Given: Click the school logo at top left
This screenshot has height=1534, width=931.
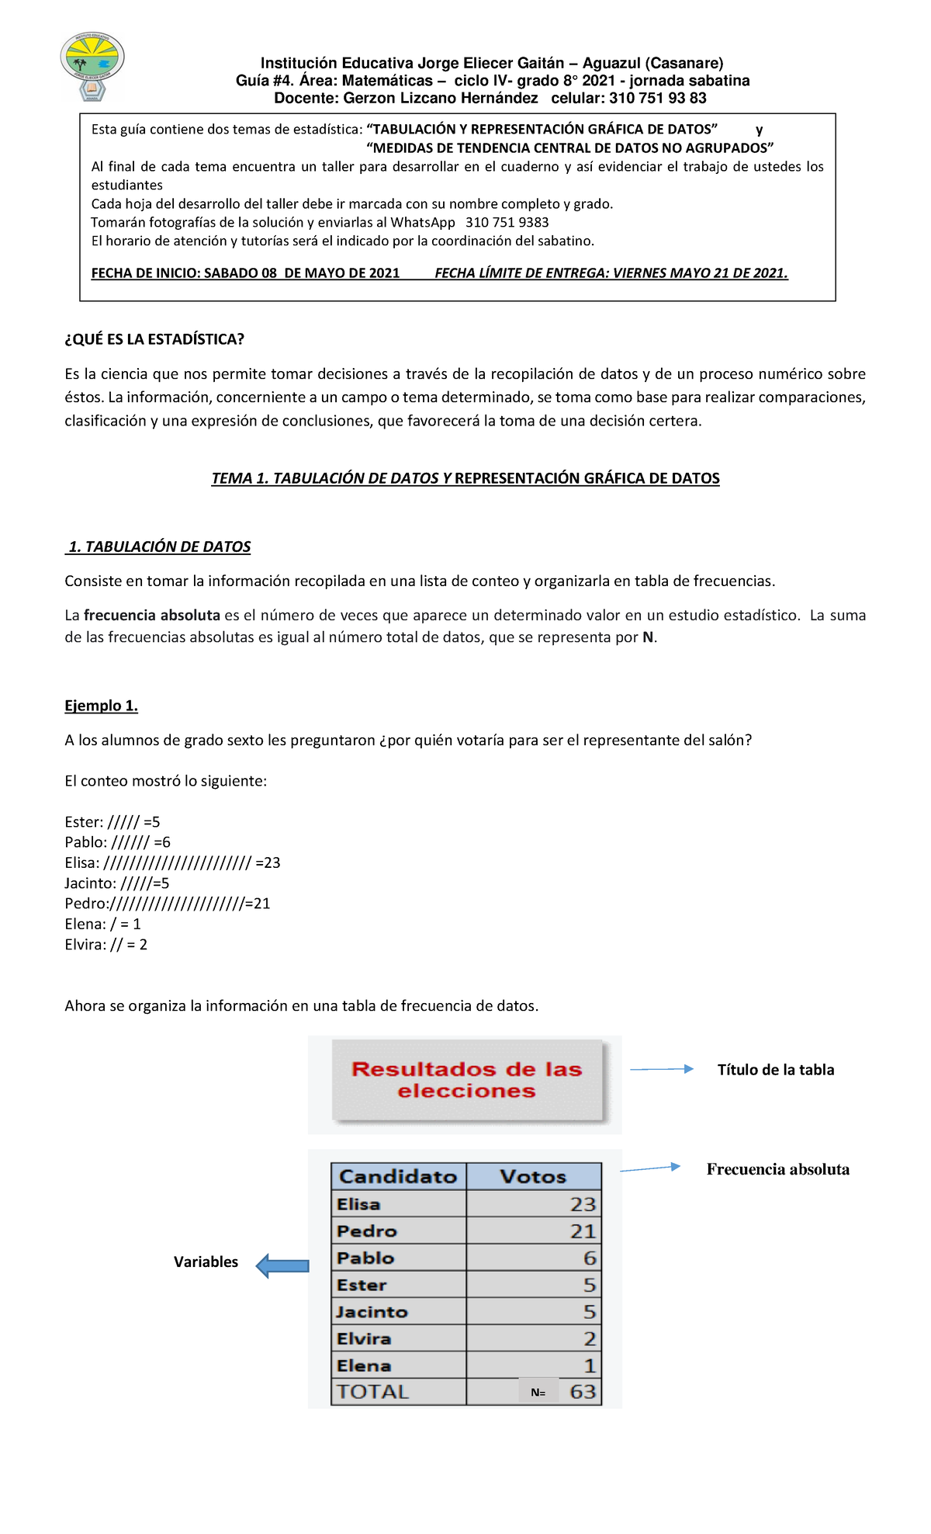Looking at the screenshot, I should click(x=92, y=66).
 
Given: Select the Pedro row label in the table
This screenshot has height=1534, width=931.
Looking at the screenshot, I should click(x=367, y=1231).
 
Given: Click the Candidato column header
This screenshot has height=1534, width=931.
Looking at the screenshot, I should click(x=398, y=1177).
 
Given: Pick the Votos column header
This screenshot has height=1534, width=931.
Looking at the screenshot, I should click(x=533, y=1177).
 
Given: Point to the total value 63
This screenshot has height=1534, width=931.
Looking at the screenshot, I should click(x=583, y=1392).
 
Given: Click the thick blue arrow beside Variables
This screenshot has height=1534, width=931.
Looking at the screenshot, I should click(x=282, y=1265).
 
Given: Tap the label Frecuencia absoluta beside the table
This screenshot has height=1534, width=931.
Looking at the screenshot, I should click(x=777, y=1170).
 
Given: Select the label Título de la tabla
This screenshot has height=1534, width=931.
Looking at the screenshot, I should click(x=775, y=1070).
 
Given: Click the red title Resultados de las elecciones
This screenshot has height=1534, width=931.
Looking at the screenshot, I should click(x=466, y=1080).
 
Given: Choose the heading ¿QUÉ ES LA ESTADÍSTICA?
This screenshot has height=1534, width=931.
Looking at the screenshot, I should click(x=154, y=339).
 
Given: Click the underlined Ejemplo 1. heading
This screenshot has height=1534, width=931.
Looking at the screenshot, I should click(x=101, y=706).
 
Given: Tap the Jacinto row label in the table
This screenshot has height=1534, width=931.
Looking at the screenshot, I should click(x=372, y=1312).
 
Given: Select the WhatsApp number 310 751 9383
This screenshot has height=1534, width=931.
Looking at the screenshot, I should click(x=507, y=222).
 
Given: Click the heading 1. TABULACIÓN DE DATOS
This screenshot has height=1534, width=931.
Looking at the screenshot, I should click(x=159, y=547).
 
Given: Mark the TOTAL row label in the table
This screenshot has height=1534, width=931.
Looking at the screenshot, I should click(x=372, y=1392).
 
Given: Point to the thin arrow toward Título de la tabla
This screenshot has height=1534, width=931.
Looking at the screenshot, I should click(x=661, y=1069).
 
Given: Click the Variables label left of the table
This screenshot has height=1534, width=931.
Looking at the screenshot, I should click(x=206, y=1262).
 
